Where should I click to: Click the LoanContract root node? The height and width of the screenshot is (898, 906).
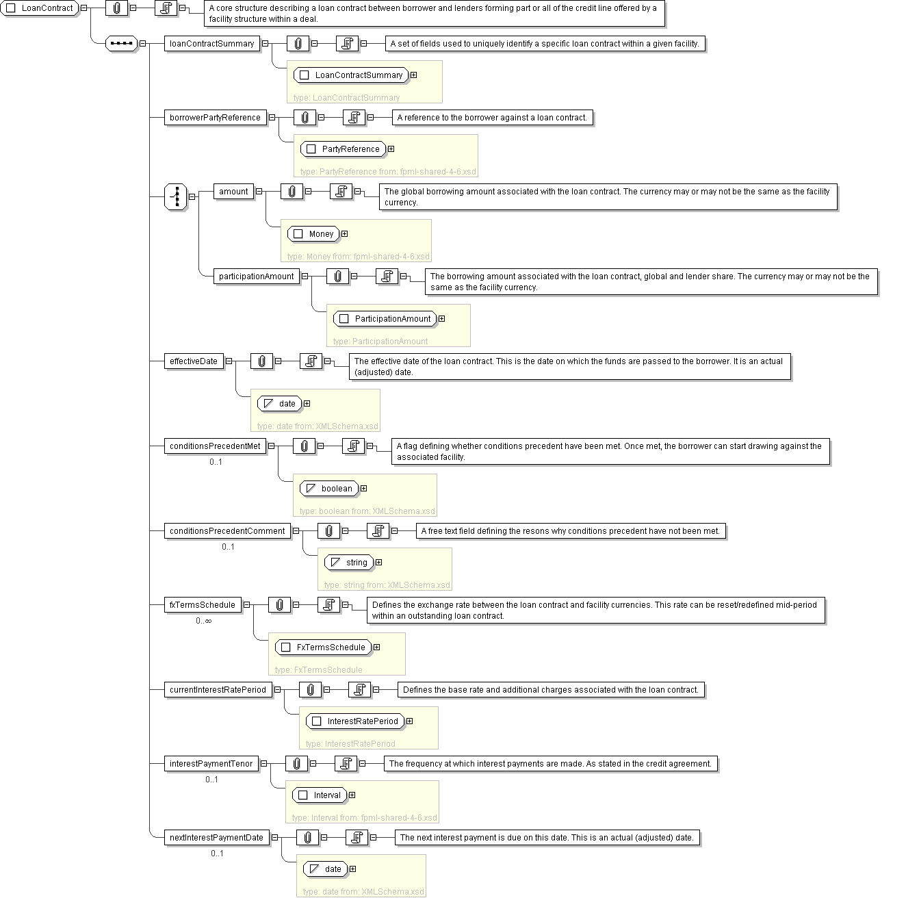40,9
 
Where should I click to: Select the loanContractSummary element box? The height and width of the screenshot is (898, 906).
212,44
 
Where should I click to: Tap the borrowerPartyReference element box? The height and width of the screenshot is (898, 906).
216,118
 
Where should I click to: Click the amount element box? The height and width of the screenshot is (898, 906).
233,192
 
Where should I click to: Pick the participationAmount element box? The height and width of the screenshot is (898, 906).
257,277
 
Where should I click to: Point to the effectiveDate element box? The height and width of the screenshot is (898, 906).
194,361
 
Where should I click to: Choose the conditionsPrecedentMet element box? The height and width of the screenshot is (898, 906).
216,446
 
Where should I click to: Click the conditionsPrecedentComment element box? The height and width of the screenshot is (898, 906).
227,531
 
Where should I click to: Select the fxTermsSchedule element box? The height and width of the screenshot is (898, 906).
203,605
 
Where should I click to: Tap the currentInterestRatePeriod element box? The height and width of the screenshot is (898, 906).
218,690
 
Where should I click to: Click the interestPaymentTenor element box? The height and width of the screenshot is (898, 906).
211,764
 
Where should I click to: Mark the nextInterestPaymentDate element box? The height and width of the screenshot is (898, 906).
217,838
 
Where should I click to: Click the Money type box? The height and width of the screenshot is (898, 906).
314,234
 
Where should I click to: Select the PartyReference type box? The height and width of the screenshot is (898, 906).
344,149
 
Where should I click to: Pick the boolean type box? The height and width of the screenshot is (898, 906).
330,489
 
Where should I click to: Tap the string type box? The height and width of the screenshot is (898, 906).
349,563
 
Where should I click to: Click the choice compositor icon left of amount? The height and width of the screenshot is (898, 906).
176,197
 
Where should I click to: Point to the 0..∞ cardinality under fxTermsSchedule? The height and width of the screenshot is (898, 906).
203,621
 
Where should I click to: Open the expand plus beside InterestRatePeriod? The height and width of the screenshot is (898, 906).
409,721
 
